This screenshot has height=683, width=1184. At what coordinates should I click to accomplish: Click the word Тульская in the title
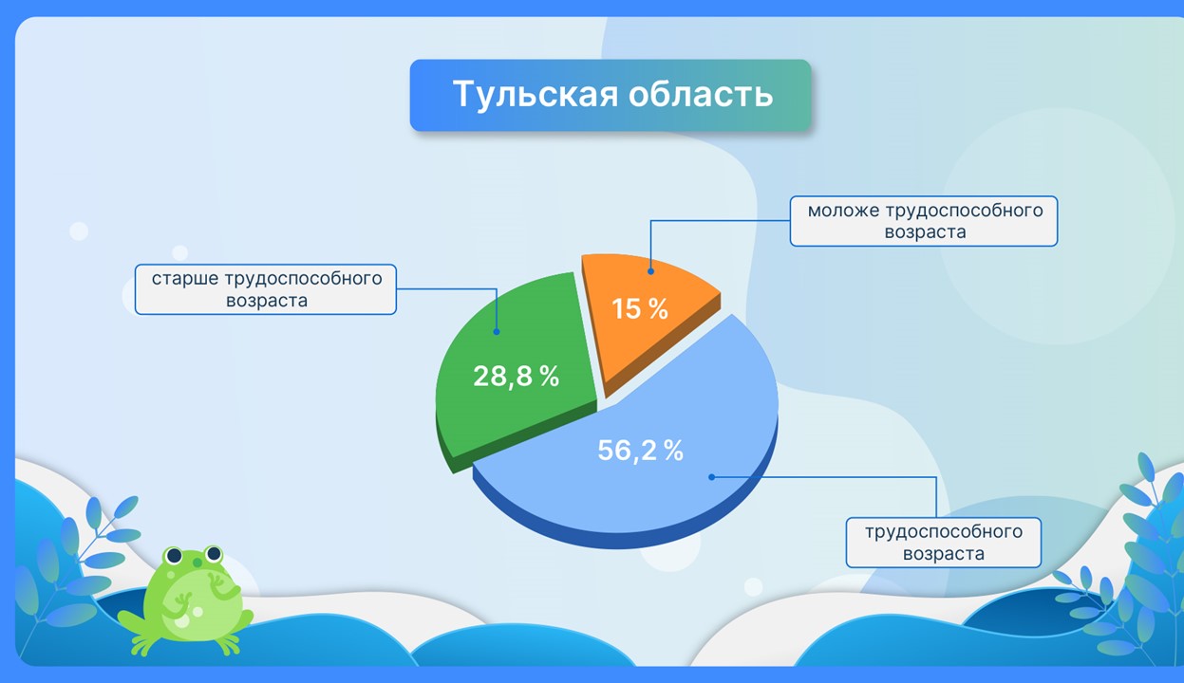(536, 95)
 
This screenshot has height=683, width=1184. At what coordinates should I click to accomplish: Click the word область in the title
(701, 94)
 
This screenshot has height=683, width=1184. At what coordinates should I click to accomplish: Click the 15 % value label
(640, 309)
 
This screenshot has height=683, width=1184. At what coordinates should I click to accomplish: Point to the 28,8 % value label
(516, 377)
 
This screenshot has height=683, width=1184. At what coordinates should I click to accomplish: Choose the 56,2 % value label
(640, 451)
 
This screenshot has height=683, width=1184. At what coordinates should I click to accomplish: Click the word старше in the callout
(185, 278)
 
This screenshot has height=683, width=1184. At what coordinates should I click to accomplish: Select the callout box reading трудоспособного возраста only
(944, 543)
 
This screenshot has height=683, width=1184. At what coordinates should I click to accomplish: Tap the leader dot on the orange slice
(650, 271)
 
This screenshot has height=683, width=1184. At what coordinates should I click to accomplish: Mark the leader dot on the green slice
(497, 332)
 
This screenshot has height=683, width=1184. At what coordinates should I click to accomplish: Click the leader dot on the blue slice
(711, 477)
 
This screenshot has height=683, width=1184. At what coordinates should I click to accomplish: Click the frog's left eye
(174, 556)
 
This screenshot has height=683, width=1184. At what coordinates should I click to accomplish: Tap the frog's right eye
(214, 553)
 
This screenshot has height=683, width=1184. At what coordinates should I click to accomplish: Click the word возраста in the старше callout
(267, 301)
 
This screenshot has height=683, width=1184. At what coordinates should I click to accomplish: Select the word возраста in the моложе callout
(925, 232)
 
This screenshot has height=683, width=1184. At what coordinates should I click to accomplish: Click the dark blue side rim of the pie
(624, 538)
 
